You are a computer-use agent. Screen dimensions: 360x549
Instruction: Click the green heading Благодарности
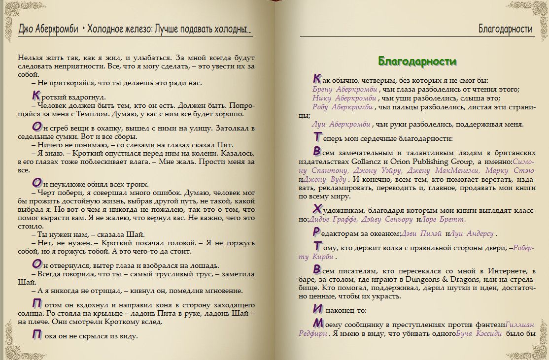[x=417, y=61]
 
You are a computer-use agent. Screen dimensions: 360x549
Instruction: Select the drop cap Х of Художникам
[x=317, y=208]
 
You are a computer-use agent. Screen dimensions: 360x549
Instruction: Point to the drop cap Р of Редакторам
[x=317, y=232]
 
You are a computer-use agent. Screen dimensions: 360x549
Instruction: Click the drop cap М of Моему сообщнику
[x=318, y=323]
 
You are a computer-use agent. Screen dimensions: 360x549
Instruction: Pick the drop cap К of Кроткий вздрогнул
[x=35, y=96]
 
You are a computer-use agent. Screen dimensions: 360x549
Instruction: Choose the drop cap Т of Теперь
[x=318, y=137]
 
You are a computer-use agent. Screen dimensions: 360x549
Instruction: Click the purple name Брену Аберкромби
[x=345, y=90]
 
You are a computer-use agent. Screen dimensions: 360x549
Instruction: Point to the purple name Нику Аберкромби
[x=344, y=98]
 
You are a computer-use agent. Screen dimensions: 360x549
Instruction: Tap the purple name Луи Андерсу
[x=474, y=234]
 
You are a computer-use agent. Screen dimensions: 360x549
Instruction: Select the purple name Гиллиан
[x=520, y=324]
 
